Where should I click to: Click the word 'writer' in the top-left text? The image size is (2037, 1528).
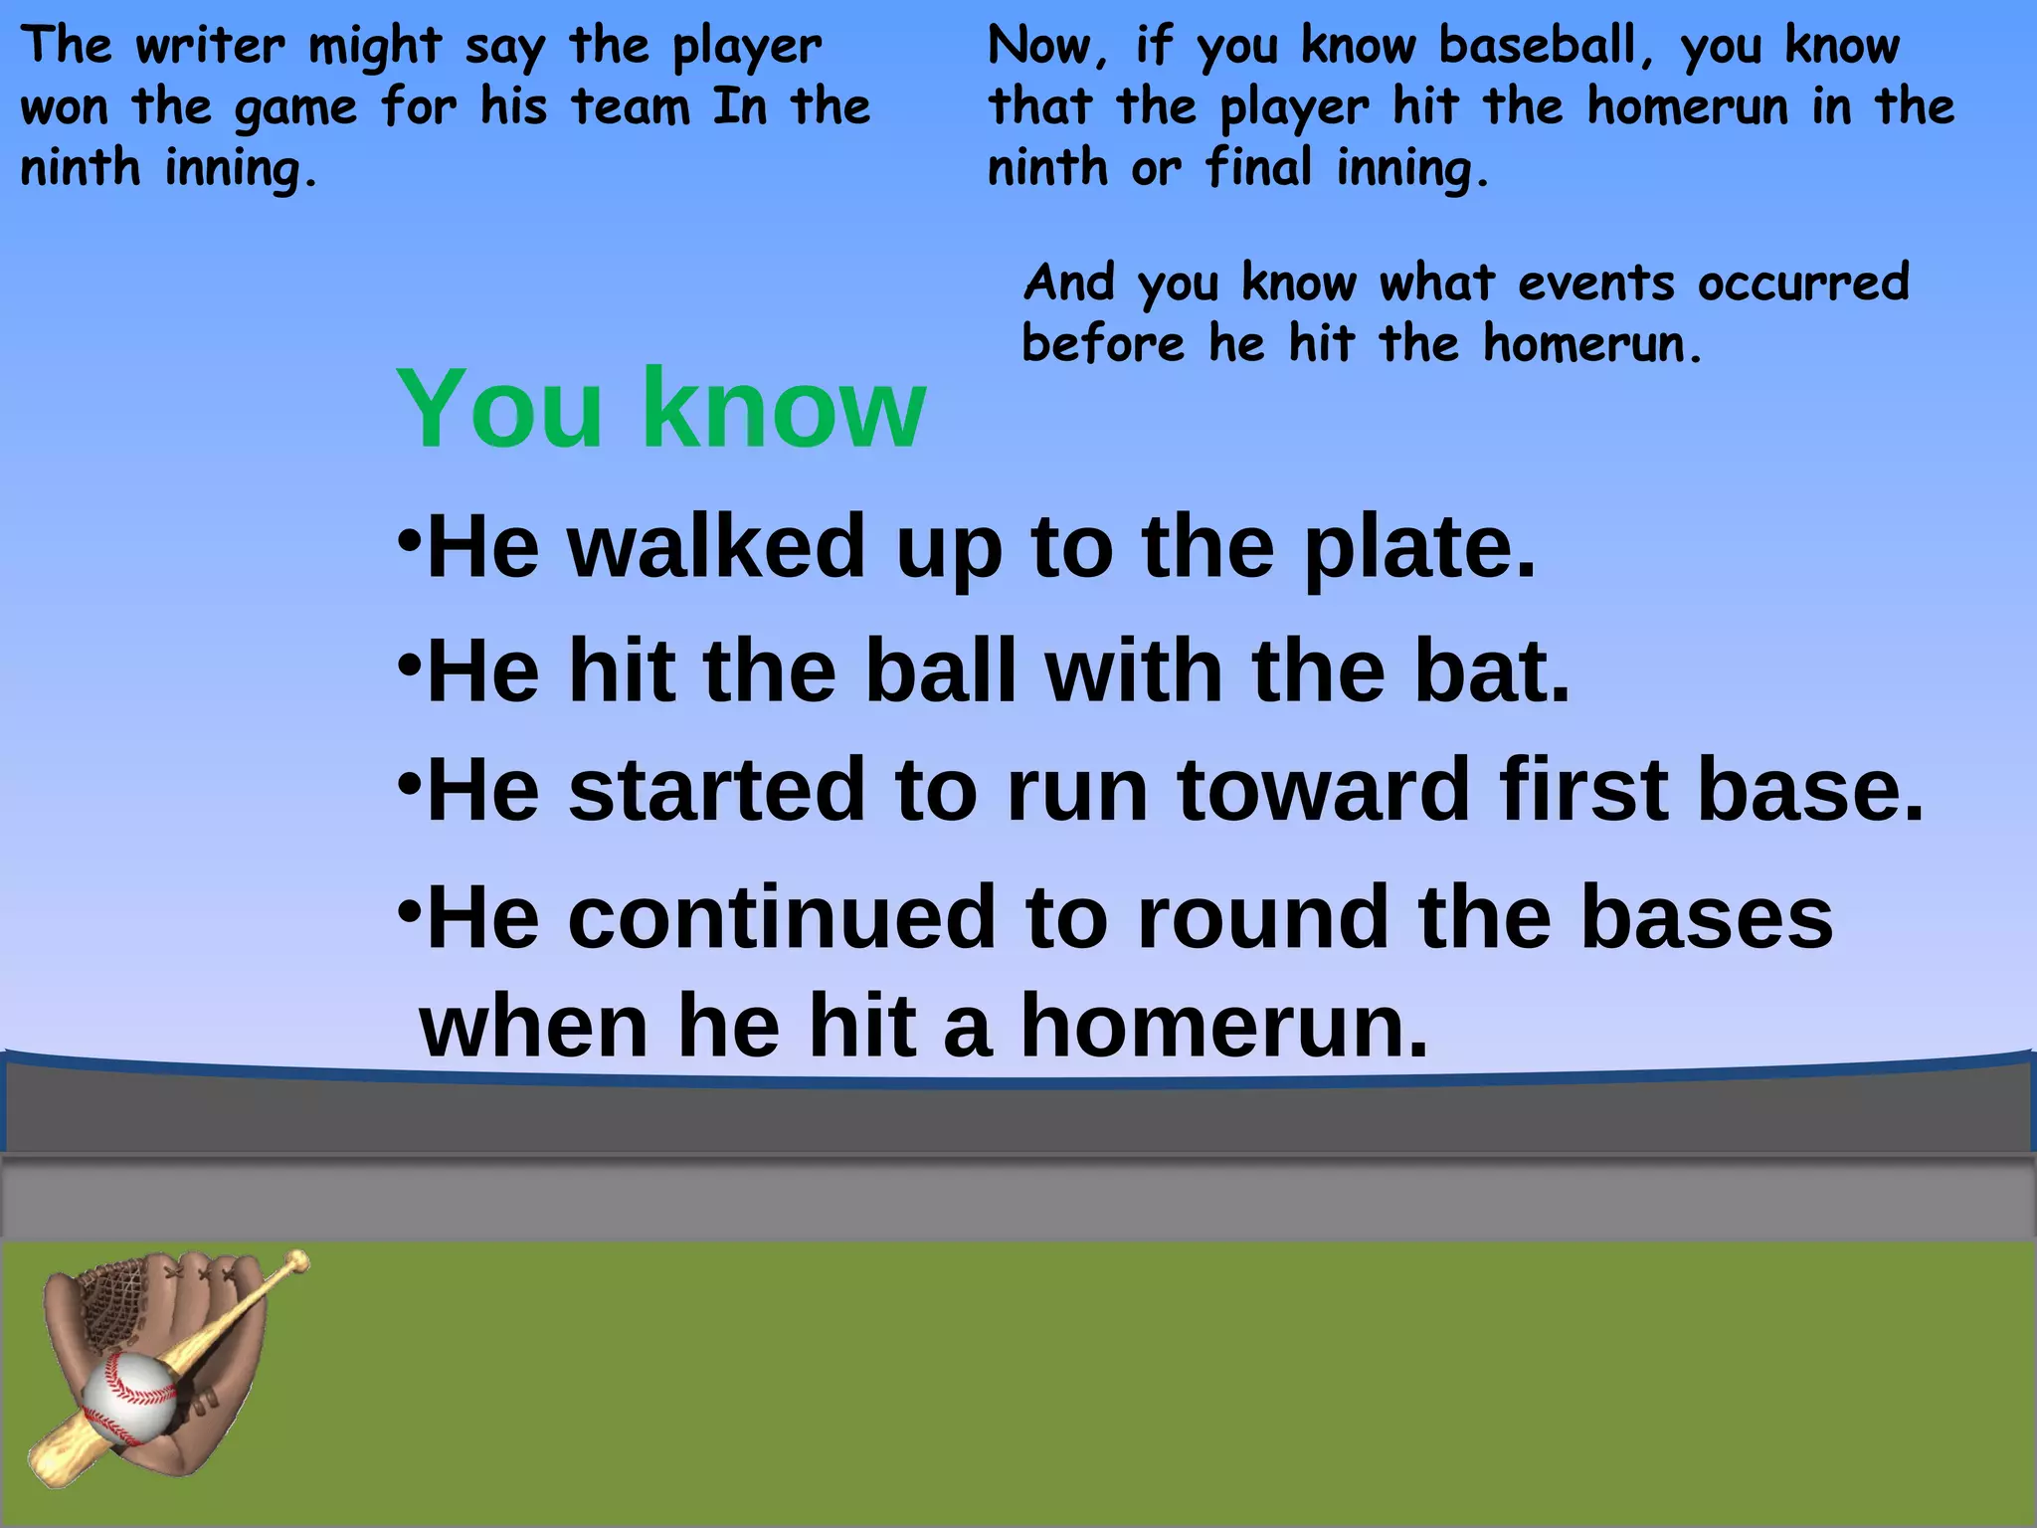pos(209,46)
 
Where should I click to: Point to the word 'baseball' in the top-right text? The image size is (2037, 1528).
pos(1538,46)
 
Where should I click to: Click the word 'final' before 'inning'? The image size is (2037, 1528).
pos(1259,167)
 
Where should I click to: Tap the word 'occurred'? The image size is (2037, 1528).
pos(1803,283)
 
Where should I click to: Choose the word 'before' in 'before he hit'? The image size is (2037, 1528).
pos(1103,344)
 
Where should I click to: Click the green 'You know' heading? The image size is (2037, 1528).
pos(661,408)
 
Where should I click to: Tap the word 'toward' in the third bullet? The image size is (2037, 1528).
pos(1324,790)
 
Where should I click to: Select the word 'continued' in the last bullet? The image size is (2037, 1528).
pos(782,917)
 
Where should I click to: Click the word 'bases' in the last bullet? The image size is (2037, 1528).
pos(1706,917)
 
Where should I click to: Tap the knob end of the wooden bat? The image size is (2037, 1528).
pos(296,1263)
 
